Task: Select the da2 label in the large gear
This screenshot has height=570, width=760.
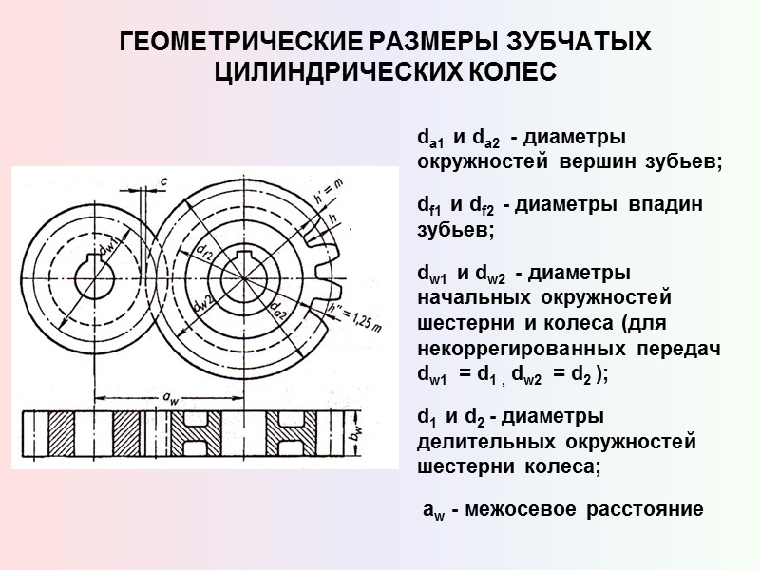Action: click(x=279, y=311)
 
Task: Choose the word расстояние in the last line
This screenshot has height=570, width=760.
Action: click(x=646, y=510)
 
